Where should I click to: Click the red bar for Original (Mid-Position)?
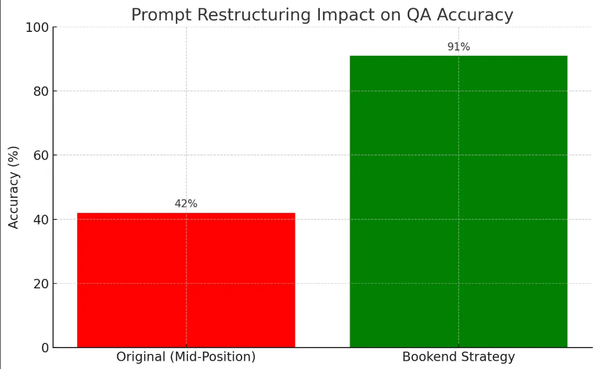tap(186, 280)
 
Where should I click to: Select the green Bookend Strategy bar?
tap(458, 201)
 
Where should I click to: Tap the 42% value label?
tap(186, 204)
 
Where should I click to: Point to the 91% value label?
tap(458, 47)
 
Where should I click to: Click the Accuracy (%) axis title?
tap(14, 187)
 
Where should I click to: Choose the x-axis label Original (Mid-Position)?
tap(186, 357)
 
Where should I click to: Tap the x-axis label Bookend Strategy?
tap(458, 357)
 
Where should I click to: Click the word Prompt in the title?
tap(156, 15)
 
